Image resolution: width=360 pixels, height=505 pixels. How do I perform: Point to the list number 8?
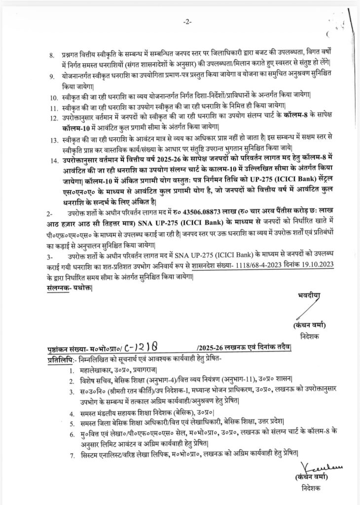[x=51, y=53]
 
